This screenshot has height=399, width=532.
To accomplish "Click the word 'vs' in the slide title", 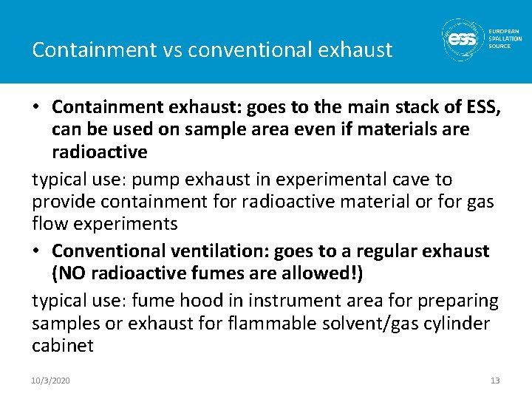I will [171, 50].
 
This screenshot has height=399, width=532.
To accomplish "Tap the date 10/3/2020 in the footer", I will [51, 381].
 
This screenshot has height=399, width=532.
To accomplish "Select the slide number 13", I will [495, 381].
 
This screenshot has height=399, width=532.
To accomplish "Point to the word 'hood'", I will [219, 300].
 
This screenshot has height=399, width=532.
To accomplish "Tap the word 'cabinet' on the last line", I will [63, 346].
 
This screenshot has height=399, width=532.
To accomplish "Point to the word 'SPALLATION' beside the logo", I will [505, 38].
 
